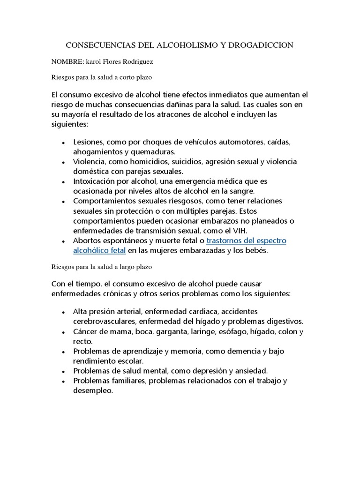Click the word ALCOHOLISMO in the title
pos(180,45)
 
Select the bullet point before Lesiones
pos(63,142)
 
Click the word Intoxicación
pos(96,181)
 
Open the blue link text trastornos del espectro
pos(246,240)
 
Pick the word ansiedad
pos(250,370)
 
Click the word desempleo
pos(93,390)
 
